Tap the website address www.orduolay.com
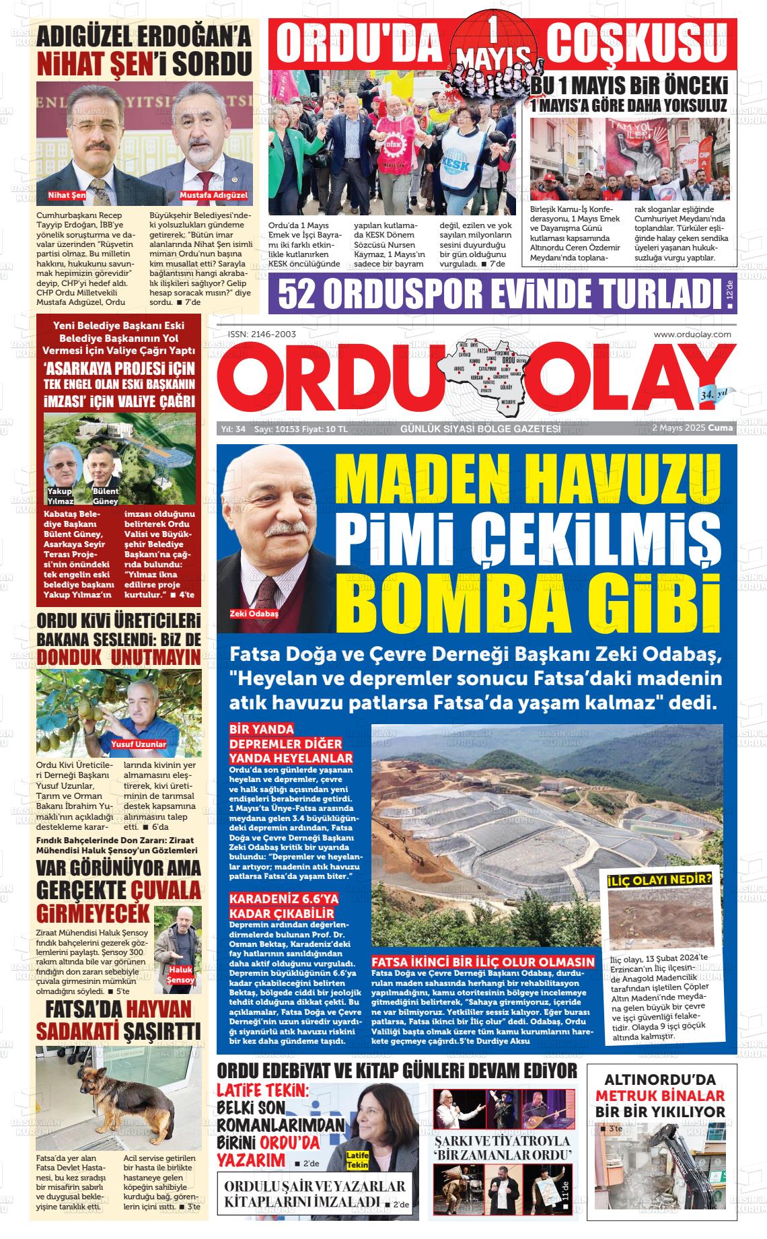[x=692, y=334]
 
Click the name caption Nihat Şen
[x=67, y=195]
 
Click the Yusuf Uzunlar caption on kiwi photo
[x=139, y=744]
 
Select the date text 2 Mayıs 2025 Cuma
[x=692, y=428]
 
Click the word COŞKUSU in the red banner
[x=637, y=45]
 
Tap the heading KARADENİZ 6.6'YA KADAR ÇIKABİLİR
[x=283, y=906]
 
